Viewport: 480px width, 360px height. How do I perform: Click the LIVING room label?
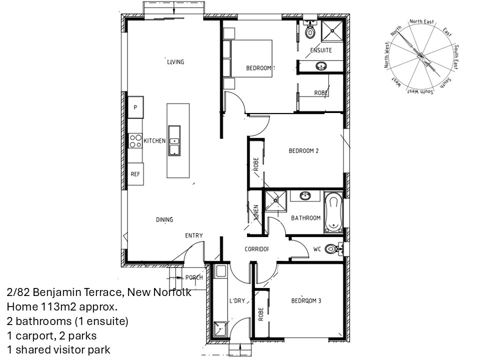tap(175, 62)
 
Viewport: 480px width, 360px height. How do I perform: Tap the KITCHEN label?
tap(154, 141)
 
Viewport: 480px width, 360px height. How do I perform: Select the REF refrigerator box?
tap(135, 174)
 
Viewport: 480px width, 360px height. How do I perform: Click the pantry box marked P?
tap(135, 107)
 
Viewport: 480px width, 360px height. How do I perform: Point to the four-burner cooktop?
tap(135, 141)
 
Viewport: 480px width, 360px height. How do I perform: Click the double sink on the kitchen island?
tap(174, 141)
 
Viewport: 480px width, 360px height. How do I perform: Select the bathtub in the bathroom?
tap(333, 211)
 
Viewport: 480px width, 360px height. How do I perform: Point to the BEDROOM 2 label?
tap(303, 150)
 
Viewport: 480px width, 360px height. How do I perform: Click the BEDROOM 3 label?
tap(306, 300)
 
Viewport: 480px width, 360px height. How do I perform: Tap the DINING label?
tap(164, 219)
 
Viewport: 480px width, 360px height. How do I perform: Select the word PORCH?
tap(194, 277)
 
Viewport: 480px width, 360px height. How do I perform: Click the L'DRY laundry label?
tap(237, 301)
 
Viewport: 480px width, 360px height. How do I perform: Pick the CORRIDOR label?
tap(256, 249)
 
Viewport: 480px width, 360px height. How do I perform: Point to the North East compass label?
tap(421, 21)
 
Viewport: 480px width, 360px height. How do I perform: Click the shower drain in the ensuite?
tap(332, 30)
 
